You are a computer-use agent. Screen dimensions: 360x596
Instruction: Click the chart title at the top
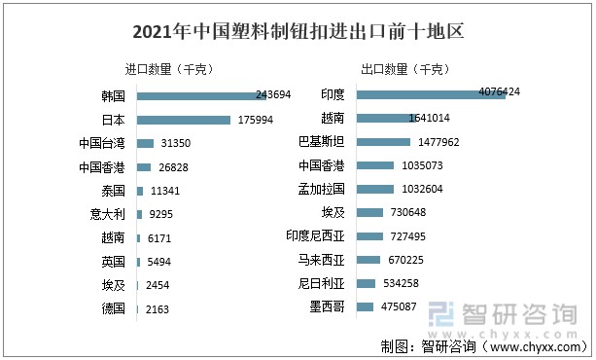pos(298,32)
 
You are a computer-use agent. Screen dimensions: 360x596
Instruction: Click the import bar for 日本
pos(184,120)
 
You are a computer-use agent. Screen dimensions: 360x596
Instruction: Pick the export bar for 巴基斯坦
pos(384,142)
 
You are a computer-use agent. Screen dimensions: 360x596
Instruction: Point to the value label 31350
pos(177,144)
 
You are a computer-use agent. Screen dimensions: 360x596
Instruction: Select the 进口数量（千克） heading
pos(169,70)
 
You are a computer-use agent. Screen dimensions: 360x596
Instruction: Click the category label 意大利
pos(106,214)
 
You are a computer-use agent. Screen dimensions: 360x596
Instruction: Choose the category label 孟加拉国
pos(323,189)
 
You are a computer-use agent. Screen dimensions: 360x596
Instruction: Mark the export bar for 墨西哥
pos(366,307)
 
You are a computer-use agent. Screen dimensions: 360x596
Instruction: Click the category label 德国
pos(113,308)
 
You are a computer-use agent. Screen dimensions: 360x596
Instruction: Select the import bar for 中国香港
pos(144,167)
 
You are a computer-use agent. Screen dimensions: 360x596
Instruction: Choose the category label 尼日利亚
pos(323,284)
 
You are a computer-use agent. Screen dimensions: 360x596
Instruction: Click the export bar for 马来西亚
pos(368,260)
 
